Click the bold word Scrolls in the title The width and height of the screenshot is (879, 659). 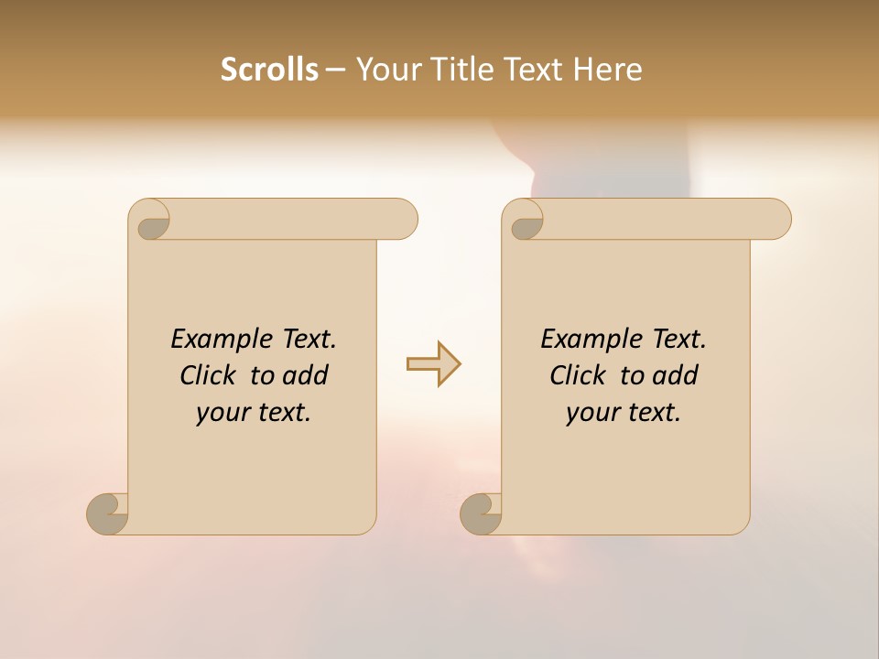(x=270, y=70)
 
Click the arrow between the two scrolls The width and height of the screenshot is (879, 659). (x=433, y=364)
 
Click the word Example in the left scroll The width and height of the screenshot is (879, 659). (x=212, y=340)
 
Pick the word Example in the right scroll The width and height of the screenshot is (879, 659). (x=582, y=340)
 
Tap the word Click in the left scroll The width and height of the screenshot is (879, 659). (x=210, y=375)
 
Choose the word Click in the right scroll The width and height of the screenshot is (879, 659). (x=579, y=375)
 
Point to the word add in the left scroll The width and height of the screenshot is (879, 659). (x=306, y=375)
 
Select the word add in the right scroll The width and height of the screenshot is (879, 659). (x=676, y=375)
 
